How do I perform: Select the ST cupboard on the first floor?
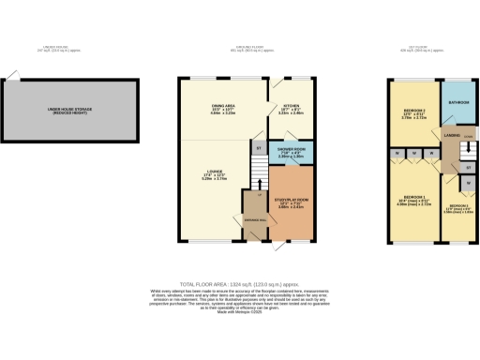pyautogui.click(x=467, y=167)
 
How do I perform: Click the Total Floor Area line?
pyautogui.click(x=239, y=282)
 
